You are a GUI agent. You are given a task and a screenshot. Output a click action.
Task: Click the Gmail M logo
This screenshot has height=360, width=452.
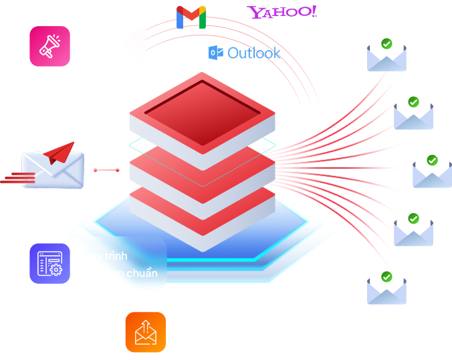click(x=191, y=17)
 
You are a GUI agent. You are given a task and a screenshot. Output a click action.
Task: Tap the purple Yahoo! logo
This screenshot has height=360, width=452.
click(x=281, y=12)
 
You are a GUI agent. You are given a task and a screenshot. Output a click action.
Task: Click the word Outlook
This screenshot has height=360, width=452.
click(x=254, y=53)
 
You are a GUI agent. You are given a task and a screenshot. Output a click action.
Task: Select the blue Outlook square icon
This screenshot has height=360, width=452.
click(x=215, y=53)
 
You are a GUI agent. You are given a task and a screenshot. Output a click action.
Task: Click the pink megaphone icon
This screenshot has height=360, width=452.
click(x=49, y=46)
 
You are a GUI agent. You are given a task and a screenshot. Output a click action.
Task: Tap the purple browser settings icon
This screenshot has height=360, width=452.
click(x=49, y=263)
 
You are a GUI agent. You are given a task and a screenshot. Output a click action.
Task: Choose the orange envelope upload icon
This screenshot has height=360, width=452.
click(x=145, y=332)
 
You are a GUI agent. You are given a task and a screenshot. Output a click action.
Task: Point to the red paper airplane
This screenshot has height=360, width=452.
click(x=60, y=152)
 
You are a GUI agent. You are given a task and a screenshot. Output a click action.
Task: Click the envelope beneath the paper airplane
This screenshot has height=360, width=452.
click(x=53, y=171)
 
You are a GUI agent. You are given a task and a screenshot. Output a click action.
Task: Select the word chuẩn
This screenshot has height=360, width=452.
click(x=143, y=273)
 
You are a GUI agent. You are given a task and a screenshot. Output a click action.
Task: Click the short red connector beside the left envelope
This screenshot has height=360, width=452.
click(x=106, y=170)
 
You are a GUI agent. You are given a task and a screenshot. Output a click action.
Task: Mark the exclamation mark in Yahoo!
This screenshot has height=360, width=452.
click(x=314, y=11)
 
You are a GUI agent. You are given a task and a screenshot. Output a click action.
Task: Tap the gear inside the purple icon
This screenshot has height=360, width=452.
click(x=55, y=270)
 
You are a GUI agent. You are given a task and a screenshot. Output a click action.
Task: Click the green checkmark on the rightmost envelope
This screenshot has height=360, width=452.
click(x=432, y=160)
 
